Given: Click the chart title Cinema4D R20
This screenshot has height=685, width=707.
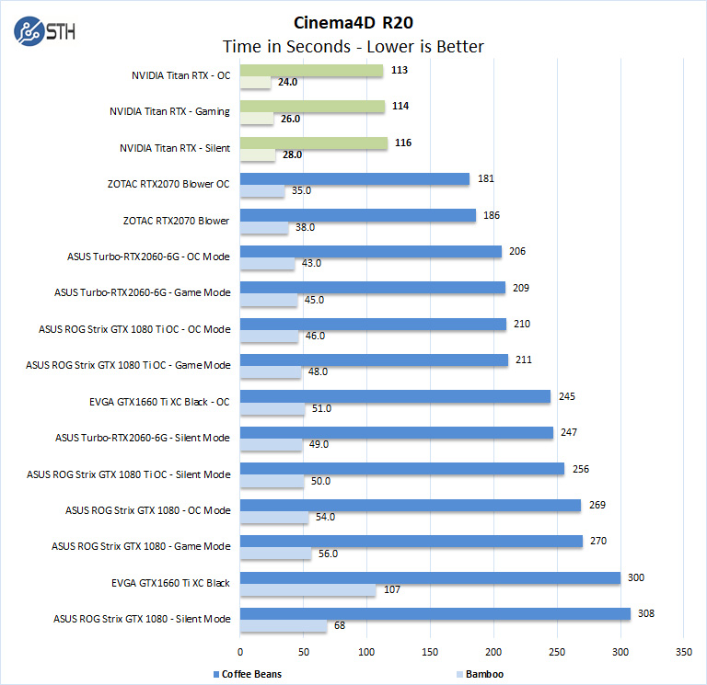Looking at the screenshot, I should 353,22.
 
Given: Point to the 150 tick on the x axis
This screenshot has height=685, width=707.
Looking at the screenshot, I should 430,650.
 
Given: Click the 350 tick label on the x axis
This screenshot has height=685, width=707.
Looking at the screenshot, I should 683,650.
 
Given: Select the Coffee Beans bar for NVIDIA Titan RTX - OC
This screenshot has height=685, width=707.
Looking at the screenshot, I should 311,71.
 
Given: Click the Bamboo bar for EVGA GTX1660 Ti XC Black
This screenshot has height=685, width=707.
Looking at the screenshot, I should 307,590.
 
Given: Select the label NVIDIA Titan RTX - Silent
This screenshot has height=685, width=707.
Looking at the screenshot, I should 175,148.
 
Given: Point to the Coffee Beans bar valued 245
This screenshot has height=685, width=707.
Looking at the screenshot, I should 395,396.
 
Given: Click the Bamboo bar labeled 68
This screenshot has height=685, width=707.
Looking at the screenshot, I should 284,626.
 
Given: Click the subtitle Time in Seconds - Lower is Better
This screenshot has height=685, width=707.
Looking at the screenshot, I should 353,46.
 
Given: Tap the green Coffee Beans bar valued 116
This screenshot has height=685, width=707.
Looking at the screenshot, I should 313,143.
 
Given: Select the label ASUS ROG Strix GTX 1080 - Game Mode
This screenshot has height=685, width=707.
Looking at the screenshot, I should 142,546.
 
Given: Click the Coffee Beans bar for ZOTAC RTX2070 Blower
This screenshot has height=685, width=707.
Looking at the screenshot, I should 358,215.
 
